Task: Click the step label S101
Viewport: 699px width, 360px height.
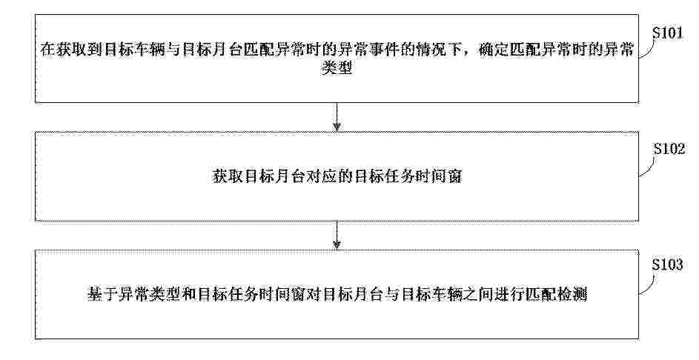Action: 667,33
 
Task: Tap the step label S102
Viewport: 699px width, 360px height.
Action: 669,149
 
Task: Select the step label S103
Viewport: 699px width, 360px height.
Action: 667,265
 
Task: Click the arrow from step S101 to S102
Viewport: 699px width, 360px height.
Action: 337,117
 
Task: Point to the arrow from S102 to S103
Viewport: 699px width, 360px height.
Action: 337,235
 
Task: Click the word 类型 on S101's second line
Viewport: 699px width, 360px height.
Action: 337,68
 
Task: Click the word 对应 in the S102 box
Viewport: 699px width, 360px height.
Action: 321,177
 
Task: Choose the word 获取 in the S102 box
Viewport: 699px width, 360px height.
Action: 227,177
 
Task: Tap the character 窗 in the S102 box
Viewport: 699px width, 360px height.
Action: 454,177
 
